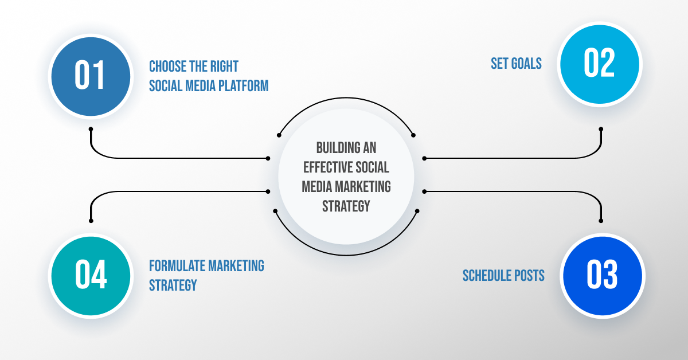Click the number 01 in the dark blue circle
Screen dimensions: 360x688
[91, 76]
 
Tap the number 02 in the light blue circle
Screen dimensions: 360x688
[599, 64]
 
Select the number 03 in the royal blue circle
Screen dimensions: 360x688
[602, 275]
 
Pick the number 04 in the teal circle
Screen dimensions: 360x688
[91, 275]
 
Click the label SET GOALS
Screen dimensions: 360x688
[516, 64]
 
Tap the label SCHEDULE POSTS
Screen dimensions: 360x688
[503, 276]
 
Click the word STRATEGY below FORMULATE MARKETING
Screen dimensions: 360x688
[173, 285]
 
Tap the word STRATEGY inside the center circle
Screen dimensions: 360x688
[346, 206]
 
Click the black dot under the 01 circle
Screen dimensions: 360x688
[91, 128]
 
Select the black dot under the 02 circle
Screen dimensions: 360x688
[601, 128]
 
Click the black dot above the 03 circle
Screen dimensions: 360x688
[601, 220]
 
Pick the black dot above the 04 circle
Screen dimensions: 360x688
[91, 220]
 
